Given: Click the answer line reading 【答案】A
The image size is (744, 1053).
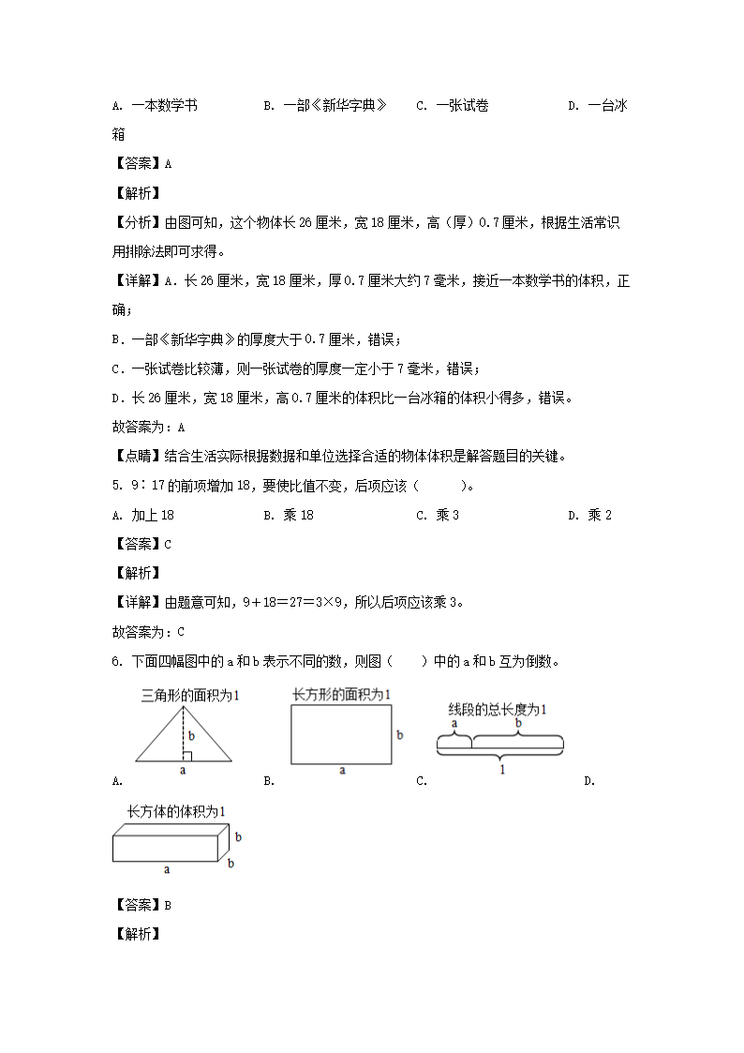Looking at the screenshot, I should (141, 163).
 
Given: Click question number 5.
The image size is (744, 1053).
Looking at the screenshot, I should (116, 486).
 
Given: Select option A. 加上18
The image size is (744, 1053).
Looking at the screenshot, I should (143, 515).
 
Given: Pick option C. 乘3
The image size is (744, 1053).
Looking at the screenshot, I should (438, 515).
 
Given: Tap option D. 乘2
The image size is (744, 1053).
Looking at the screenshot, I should (589, 515).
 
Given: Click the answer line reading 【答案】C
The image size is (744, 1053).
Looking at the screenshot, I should (141, 544).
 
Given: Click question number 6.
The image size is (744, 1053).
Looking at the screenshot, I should (116, 661).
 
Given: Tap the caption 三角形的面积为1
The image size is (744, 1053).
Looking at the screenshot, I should (190, 696).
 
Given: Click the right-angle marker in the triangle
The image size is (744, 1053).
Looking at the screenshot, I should (187, 756).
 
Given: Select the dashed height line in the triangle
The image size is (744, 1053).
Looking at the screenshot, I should (183, 731).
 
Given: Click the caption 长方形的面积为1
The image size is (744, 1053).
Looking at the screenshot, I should (341, 694).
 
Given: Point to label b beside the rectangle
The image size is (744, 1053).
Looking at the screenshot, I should (399, 735).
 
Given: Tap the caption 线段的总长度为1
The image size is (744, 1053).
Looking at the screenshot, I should (497, 709).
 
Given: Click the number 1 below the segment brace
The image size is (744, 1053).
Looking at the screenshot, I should (501, 769).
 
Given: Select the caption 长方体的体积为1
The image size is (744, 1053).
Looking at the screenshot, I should (176, 810).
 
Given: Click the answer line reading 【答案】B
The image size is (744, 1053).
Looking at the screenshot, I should (141, 905).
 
